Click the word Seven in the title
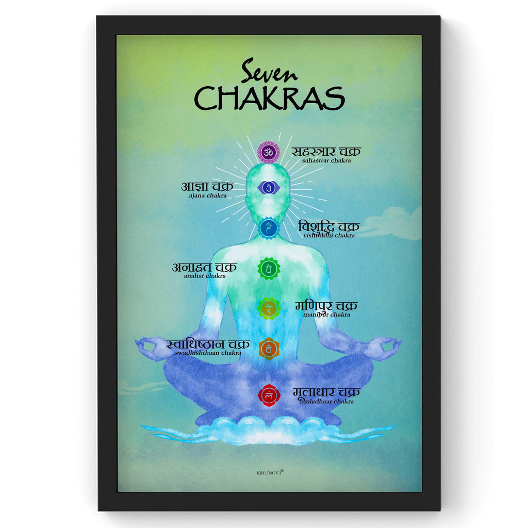(269, 71)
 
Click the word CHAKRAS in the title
(269, 97)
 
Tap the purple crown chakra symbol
(268, 152)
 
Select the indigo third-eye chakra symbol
(268, 188)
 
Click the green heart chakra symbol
(269, 269)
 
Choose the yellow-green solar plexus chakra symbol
(269, 308)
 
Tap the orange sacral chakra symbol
(269, 349)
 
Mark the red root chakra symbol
(269, 395)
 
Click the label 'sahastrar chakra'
(326, 160)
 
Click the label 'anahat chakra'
(204, 276)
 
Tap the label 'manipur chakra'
(326, 315)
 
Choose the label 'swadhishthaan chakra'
(208, 353)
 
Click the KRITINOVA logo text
(270, 471)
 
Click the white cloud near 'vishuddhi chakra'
(389, 223)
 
